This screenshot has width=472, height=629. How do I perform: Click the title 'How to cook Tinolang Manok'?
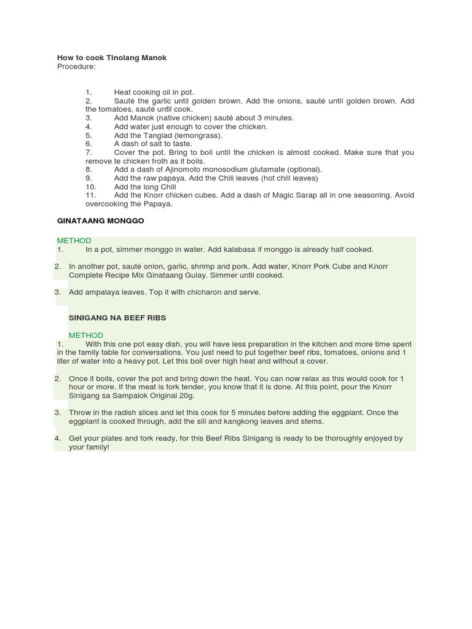[112, 58]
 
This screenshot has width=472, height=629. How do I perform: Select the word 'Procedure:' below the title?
[76, 66]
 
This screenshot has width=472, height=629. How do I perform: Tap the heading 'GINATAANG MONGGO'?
[101, 221]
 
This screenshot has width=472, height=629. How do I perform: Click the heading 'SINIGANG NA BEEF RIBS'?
[117, 318]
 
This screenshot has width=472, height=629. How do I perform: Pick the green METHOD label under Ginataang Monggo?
[74, 241]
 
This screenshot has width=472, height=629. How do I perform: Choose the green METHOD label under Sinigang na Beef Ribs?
[86, 335]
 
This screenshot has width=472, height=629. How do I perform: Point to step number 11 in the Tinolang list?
[92, 195]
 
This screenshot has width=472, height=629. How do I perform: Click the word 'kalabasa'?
[227, 249]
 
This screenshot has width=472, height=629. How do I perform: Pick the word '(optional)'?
[303, 170]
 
